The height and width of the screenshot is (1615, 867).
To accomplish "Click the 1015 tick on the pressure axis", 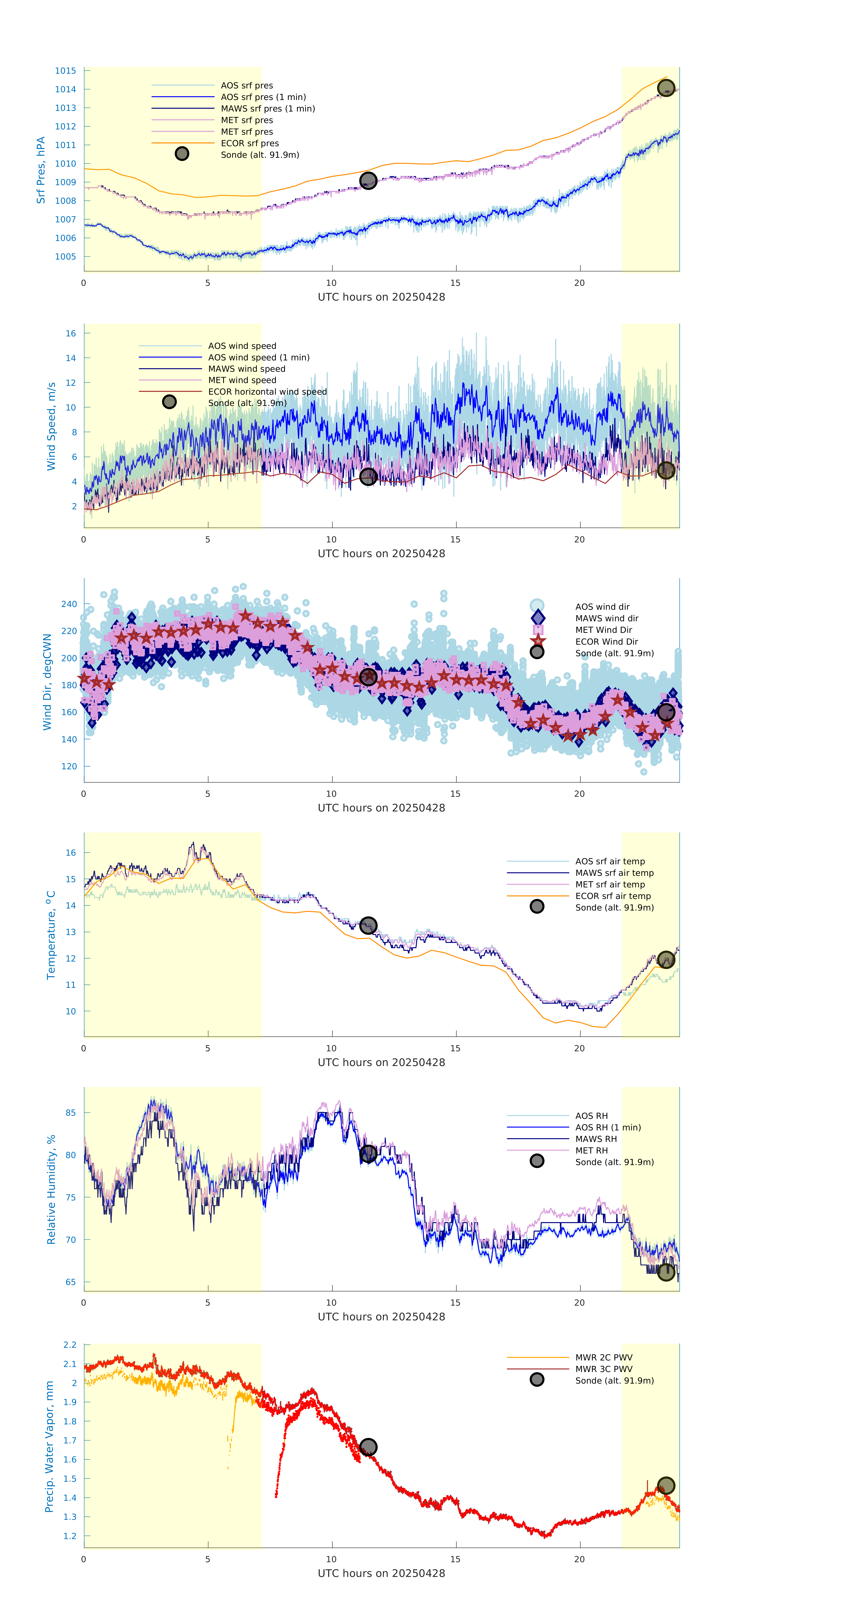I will click(65, 71).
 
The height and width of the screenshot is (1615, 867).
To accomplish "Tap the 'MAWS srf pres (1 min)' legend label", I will click(268, 109).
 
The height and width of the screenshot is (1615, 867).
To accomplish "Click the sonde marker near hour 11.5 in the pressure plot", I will click(368, 181).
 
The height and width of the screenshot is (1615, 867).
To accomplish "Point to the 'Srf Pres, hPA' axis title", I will click(41, 170).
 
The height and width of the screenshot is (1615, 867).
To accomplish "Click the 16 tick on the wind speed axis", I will click(71, 333).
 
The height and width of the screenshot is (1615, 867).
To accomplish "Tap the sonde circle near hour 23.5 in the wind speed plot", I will click(666, 470).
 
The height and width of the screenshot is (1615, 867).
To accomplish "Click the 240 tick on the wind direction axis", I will click(69, 604).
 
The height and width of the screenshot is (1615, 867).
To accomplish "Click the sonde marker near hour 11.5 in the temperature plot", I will click(368, 925).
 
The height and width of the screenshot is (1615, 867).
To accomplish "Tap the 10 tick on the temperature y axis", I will click(71, 1011).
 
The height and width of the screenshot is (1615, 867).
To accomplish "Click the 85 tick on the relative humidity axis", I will click(71, 1113).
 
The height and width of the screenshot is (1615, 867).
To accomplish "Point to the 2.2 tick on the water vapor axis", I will click(70, 1345).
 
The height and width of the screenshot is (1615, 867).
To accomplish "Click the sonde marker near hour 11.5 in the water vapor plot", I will click(368, 1447).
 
